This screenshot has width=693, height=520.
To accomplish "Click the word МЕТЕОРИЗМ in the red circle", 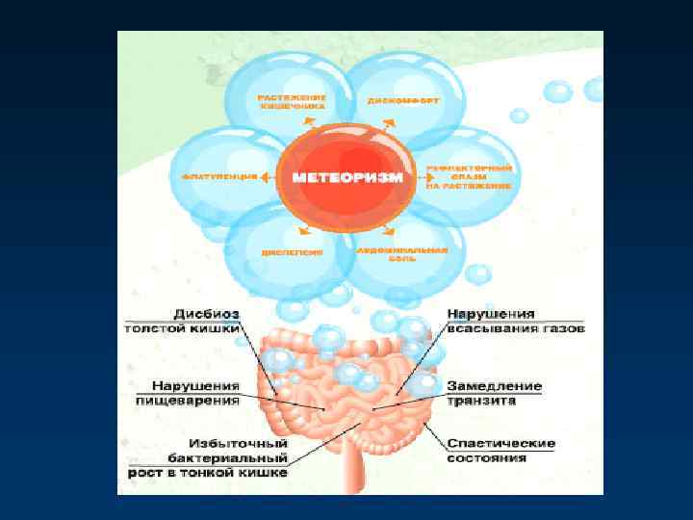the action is click(x=348, y=178).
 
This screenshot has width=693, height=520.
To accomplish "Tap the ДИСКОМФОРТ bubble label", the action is click(x=391, y=100).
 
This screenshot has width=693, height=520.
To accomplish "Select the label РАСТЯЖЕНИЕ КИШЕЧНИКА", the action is click(x=292, y=101).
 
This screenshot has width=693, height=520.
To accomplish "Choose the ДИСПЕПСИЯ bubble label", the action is click(x=291, y=252).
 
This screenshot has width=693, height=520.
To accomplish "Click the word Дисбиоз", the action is click(x=208, y=314).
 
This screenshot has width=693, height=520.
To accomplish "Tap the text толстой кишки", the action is click(x=183, y=327).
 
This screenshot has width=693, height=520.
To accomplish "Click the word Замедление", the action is click(x=495, y=386).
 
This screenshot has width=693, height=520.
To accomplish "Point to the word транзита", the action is click(x=481, y=400).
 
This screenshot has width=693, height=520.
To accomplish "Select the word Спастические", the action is click(x=501, y=444).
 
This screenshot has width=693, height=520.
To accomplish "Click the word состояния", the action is click(x=487, y=458).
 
